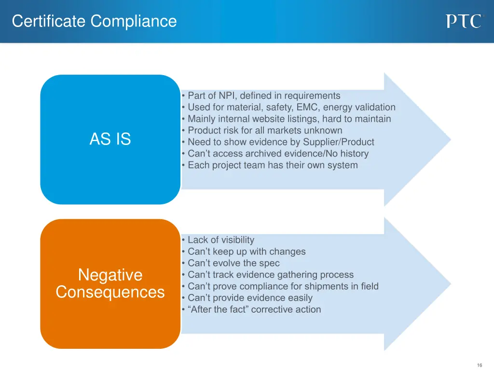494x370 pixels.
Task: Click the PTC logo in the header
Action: (x=464, y=21)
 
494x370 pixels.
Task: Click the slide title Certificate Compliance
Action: (x=94, y=21)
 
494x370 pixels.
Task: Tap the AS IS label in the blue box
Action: (x=110, y=139)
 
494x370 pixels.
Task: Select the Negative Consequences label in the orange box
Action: (x=110, y=284)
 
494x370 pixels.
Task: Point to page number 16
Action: (x=479, y=365)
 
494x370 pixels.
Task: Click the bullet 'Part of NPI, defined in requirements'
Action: (x=263, y=96)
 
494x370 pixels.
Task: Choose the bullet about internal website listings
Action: (x=289, y=119)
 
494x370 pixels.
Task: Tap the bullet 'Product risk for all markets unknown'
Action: (x=264, y=131)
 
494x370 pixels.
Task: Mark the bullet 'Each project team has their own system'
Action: (x=272, y=165)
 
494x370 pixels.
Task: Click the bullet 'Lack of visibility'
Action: (x=220, y=240)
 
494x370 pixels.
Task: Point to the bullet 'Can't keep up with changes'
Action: (x=246, y=251)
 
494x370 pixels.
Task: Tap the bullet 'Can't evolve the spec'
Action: (x=233, y=263)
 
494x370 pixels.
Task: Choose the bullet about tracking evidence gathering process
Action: (x=270, y=275)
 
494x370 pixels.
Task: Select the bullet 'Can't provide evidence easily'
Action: (x=249, y=298)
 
